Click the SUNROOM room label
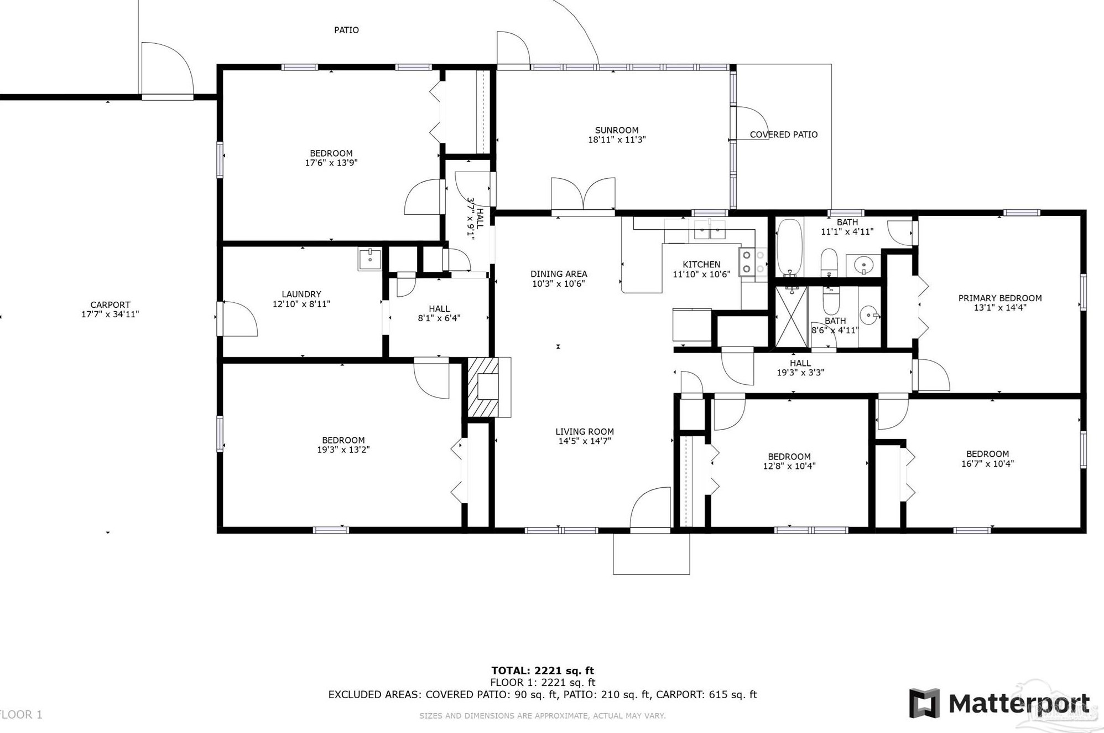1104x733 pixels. click(x=617, y=130)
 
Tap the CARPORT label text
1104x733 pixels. click(x=110, y=304)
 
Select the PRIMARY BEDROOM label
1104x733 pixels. click(x=1000, y=298)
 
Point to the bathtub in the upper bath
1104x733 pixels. click(x=790, y=247)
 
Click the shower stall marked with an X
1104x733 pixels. click(x=791, y=317)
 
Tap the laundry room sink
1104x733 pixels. click(x=369, y=259)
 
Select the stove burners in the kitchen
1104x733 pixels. click(x=753, y=262)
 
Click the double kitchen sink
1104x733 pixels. click(x=710, y=229)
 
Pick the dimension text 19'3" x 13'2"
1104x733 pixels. click(x=343, y=450)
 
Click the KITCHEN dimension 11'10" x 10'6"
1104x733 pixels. click(x=701, y=274)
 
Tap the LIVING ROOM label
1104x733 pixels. click(x=585, y=432)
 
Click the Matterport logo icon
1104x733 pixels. click(x=925, y=703)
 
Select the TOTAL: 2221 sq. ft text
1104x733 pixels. click(x=543, y=671)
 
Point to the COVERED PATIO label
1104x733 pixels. click(x=784, y=135)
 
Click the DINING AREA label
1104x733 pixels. click(x=559, y=274)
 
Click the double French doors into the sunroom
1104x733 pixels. click(x=583, y=195)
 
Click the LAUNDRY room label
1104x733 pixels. click(x=301, y=295)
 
